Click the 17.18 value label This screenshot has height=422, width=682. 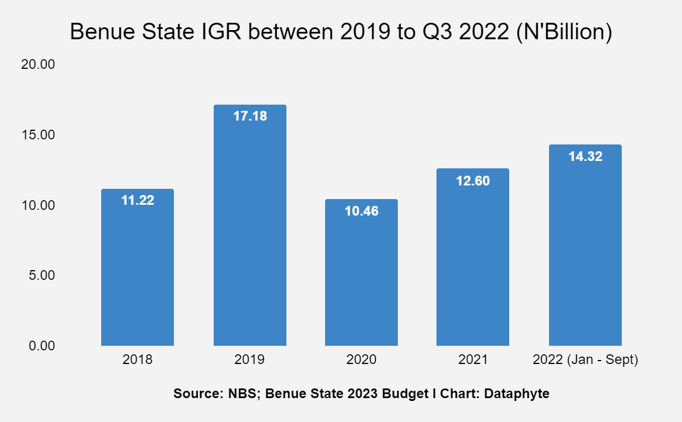(x=249, y=117)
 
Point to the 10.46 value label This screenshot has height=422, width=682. (x=361, y=211)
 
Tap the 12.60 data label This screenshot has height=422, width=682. (x=472, y=181)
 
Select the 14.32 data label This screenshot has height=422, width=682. (x=585, y=156)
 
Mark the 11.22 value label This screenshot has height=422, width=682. (x=138, y=200)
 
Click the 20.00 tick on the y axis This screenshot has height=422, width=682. (x=38, y=65)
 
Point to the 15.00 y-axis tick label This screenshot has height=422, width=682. (x=38, y=135)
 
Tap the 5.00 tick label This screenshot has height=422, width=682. (x=40, y=275)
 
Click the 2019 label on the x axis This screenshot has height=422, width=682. (x=249, y=360)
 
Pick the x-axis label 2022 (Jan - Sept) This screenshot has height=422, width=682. (x=585, y=360)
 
